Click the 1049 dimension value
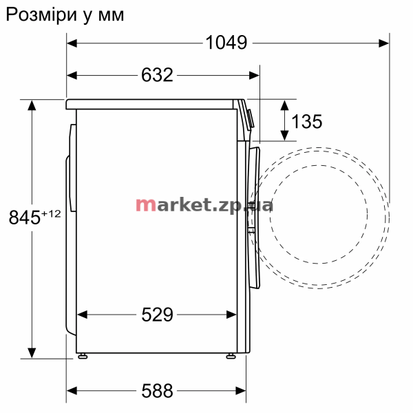point(226,43)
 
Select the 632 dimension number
point(157,75)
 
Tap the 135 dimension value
point(307,122)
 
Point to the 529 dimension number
point(157,315)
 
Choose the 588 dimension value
point(157,390)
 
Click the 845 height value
point(25,218)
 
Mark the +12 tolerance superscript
point(51,213)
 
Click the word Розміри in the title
point(41,15)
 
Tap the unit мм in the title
point(111,16)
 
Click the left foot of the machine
point(83,356)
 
